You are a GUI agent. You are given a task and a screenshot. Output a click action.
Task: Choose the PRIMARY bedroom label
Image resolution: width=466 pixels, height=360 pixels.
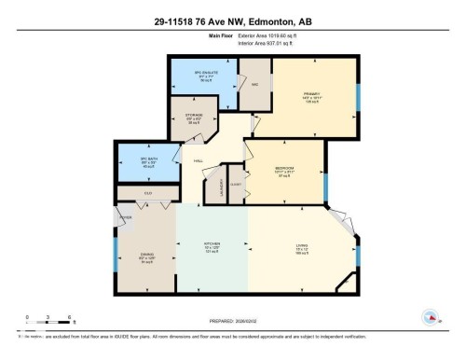click(311, 93)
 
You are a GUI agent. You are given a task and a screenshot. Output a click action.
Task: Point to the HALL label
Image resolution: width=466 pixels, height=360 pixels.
click(199, 160)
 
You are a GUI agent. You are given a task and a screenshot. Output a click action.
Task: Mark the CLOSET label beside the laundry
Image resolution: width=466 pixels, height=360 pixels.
click(236, 185)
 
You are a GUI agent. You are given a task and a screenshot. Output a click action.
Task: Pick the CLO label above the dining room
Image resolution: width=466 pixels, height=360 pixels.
click(147, 193)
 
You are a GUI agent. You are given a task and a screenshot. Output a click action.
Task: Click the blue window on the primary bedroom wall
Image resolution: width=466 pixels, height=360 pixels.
click(358, 98)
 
